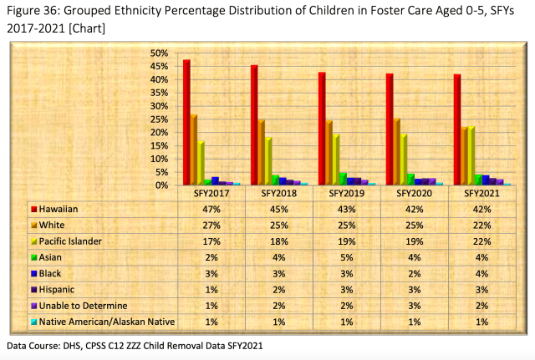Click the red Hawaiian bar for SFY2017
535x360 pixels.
tap(186, 123)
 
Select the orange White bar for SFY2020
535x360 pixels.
tap(396, 152)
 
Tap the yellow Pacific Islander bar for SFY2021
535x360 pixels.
tap(471, 156)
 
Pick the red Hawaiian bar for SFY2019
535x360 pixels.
tap(322, 129)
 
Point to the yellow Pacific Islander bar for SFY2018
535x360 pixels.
tap(268, 161)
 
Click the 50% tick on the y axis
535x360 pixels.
tap(159, 53)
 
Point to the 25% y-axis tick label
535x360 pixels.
tap(159, 119)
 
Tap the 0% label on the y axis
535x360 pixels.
tap(161, 185)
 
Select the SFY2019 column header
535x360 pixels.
tap(346, 194)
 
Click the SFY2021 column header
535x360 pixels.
tap(481, 194)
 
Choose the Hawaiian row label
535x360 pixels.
tap(59, 209)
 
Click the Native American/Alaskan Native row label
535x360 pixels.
tap(107, 322)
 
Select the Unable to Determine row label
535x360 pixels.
tap(83, 306)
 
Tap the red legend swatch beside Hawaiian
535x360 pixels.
tap(33, 210)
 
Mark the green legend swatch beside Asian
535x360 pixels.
tap(33, 257)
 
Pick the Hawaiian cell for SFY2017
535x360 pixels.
tap(211, 210)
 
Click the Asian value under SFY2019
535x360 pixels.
tap(347, 257)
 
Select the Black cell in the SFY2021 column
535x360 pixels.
tap(481, 274)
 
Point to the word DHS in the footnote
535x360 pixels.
tap(72, 346)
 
